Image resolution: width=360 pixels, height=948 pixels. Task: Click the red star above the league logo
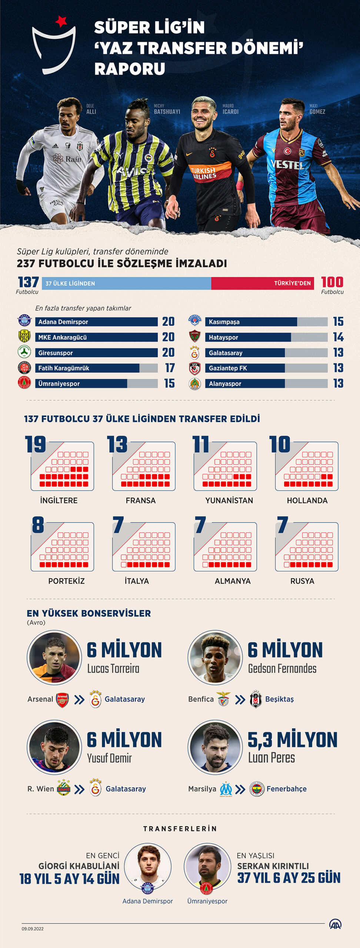tap(61, 21)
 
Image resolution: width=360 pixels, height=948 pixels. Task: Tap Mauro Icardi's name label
tap(230, 109)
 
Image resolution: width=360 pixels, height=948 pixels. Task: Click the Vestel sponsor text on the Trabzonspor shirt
tap(287, 164)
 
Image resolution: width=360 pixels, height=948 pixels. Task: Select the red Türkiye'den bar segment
tap(262, 283)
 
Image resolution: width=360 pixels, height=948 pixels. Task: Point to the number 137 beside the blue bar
tap(28, 282)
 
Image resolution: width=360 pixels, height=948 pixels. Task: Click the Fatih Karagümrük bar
tap(96, 368)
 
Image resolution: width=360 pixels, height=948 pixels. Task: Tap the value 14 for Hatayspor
tap(338, 337)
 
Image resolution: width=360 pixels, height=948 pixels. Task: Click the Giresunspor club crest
tap(24, 352)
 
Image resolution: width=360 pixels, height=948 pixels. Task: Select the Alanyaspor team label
tap(225, 384)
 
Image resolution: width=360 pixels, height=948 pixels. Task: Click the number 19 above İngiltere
tap(36, 444)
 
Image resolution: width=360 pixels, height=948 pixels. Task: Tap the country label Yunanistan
tap(229, 500)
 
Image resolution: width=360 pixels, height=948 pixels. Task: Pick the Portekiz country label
tap(66, 581)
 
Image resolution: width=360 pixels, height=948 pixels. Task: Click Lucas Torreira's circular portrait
tap(54, 658)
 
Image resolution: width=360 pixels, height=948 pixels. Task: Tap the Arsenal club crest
tap(62, 700)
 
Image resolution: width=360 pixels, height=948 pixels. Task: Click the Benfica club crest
tap(223, 699)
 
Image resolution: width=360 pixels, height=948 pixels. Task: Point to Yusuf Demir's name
tap(109, 758)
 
